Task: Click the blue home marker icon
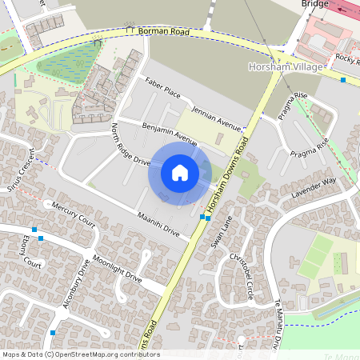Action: [x=180, y=173]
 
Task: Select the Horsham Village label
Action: [x=286, y=68]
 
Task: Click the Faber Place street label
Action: [x=162, y=88]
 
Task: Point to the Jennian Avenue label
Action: [x=216, y=118]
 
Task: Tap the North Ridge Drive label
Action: [x=131, y=145]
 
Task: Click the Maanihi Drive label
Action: [x=158, y=225]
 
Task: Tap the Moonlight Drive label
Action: [x=117, y=269]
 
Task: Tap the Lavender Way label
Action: [x=314, y=188]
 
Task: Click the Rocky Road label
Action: [x=346, y=58]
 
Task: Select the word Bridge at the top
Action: [x=315, y=4]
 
